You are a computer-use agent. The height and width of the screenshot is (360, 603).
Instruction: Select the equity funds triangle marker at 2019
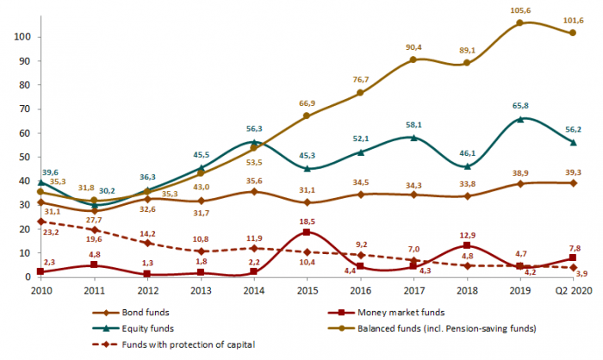coord(518,119)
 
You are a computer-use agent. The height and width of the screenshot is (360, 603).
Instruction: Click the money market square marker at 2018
coord(465,245)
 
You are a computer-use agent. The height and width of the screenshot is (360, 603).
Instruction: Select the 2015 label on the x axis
coord(306,289)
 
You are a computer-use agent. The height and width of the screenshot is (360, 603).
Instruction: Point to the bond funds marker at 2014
coord(253,191)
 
